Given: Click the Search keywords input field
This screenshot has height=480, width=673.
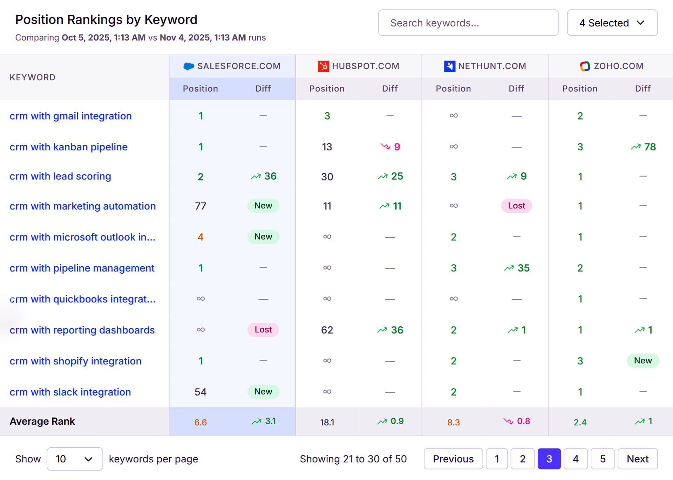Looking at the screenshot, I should coord(468,23).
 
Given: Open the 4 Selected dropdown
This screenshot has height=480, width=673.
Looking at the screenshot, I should coord(612,23).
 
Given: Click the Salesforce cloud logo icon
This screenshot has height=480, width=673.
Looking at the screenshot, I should coord(189,66).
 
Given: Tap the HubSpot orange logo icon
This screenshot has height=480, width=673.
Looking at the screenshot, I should coord(323,66).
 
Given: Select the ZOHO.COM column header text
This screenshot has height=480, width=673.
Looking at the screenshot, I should coord(618,66).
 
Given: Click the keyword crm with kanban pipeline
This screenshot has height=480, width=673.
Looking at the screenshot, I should coord(68,147).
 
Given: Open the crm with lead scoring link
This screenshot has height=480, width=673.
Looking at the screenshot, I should coord(60,176).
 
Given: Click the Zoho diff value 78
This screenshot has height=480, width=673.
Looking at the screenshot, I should coord(650,147).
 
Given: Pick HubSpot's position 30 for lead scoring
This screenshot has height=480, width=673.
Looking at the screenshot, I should coord(327,177).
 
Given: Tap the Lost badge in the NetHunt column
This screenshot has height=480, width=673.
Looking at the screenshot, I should coord(516,206).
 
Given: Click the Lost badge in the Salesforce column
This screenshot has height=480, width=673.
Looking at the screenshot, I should coord(263,330).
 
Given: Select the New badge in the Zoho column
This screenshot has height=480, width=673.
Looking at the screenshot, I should coord(643,361).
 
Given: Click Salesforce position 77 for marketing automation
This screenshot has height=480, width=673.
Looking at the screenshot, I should coord(200,206).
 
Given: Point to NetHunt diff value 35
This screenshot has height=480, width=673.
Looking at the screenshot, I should coord(523,268).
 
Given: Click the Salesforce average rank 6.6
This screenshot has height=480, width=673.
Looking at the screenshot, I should coord(200,422).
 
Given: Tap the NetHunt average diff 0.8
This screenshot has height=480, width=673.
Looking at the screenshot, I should coord(523,421).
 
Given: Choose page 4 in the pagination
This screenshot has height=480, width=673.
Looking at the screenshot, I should coord(575,459).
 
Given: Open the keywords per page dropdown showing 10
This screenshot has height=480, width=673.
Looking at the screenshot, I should coord(74,459).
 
